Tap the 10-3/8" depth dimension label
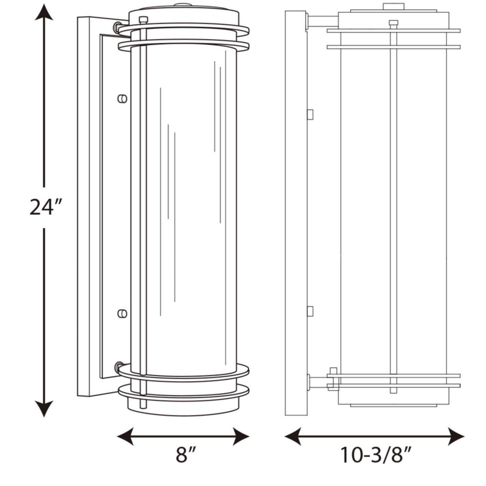[374, 457]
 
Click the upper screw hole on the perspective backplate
[122, 98]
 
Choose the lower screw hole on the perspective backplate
[122, 313]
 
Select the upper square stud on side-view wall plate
[310, 114]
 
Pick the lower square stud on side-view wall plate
[310, 311]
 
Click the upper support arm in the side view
[323, 21]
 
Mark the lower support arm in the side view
[321, 382]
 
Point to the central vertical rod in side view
[393, 204]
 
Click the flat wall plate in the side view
[295, 214]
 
